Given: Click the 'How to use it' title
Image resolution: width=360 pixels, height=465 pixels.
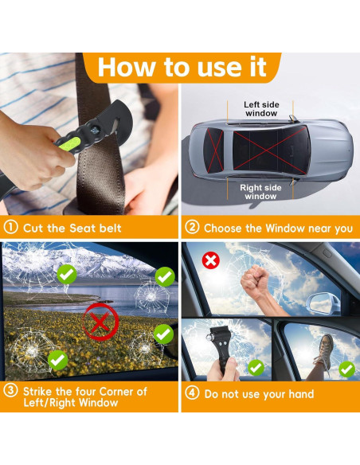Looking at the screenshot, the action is tap(182, 67).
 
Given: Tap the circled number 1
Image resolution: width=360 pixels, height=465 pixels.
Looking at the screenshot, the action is tap(10, 228).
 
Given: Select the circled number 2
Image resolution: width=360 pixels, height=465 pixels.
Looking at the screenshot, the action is tap(192, 228).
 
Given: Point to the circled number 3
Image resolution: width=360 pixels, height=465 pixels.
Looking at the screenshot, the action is tap(10, 390).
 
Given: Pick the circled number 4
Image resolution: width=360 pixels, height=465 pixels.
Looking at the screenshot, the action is tap(192, 393).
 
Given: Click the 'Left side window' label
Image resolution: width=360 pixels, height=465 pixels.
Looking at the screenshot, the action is tap(261, 109).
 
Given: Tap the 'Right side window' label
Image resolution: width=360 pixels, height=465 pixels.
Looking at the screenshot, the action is tap(260, 192).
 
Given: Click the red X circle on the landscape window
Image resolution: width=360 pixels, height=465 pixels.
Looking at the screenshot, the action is tap(100, 322).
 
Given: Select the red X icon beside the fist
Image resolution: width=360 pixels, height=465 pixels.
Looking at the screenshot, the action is tap(210, 260).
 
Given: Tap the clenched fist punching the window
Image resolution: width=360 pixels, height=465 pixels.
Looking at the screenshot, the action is tap(255, 282).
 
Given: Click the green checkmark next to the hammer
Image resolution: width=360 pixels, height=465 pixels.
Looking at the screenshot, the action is tap(256, 368).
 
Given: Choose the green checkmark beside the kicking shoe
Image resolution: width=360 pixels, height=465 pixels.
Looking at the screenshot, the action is tap(347, 369).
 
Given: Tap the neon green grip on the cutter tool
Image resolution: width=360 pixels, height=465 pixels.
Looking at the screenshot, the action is tap(69, 144).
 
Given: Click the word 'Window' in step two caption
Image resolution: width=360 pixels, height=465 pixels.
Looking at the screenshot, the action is tap(285, 228).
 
